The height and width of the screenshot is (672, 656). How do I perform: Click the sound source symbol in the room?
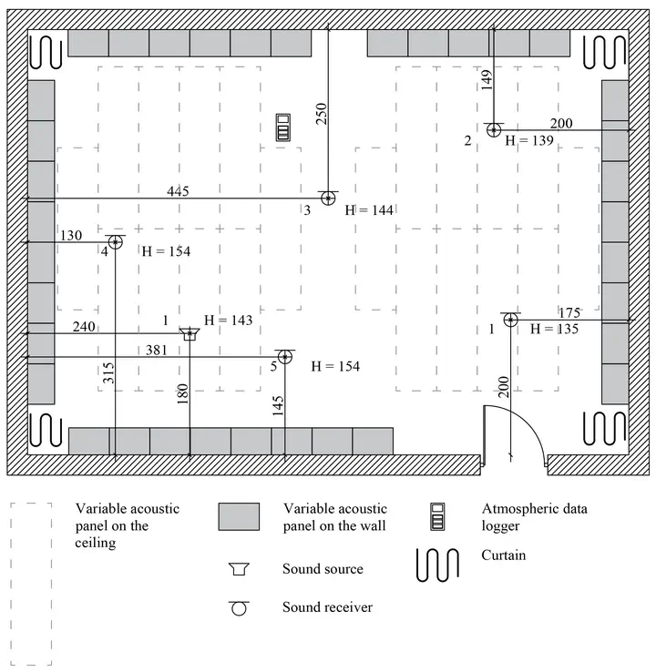[190, 334]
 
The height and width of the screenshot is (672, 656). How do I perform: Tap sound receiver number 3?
[328, 198]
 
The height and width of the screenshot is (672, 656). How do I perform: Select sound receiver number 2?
[494, 130]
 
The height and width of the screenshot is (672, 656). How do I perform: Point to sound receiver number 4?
[115, 241]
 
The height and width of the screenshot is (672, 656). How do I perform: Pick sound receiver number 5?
[285, 356]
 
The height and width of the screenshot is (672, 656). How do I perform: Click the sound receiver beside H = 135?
[510, 320]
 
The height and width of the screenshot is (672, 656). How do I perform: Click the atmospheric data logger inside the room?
[287, 127]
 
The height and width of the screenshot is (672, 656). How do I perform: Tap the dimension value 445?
[179, 191]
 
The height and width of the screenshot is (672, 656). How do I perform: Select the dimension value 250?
[321, 112]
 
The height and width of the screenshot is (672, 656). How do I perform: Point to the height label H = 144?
[369, 210]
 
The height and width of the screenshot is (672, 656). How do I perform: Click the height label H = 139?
[528, 142]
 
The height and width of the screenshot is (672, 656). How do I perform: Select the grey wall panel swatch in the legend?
[240, 516]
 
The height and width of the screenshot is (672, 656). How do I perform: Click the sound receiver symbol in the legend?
[240, 607]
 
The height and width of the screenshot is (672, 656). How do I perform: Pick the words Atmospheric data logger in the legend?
[533, 516]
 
